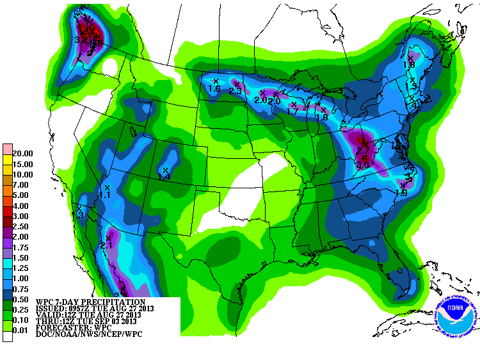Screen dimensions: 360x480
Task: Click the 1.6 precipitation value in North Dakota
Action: point(214,89)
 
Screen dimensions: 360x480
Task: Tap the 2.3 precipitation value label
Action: point(235,91)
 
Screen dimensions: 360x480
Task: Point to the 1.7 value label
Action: point(293,111)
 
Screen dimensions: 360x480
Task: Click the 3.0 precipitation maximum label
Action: point(364,165)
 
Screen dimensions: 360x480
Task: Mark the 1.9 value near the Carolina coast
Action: point(402,193)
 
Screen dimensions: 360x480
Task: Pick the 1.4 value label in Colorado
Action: point(164,177)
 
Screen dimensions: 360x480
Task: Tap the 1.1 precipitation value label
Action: point(106,195)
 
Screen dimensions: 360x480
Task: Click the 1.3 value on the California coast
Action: point(79,216)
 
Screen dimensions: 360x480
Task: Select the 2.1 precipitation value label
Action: point(107,245)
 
